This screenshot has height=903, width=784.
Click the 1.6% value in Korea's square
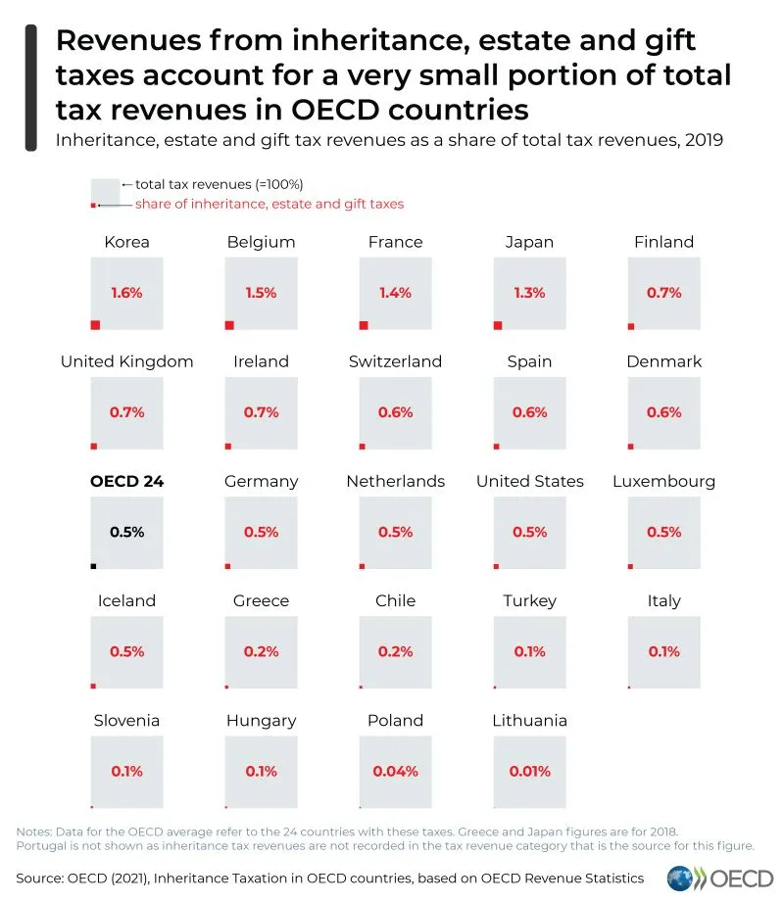(126, 293)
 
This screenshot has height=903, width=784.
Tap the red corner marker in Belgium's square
(229, 325)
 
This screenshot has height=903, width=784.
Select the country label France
(395, 242)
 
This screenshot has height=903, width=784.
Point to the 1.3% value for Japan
(529, 293)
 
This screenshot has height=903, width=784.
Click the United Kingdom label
(126, 361)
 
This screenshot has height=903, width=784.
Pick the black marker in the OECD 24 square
(93, 565)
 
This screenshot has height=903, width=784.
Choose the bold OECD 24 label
(126, 481)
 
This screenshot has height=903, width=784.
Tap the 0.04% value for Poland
(395, 771)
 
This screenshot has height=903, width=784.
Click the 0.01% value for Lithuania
(529, 771)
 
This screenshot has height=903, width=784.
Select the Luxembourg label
(663, 481)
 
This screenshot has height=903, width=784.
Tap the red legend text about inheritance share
(269, 204)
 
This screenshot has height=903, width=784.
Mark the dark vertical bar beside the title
(30, 87)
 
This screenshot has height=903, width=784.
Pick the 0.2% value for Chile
(395, 651)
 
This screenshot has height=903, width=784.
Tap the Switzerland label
(395, 361)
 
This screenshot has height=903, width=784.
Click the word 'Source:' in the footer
(44, 878)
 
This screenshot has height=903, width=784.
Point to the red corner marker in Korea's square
(95, 325)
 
